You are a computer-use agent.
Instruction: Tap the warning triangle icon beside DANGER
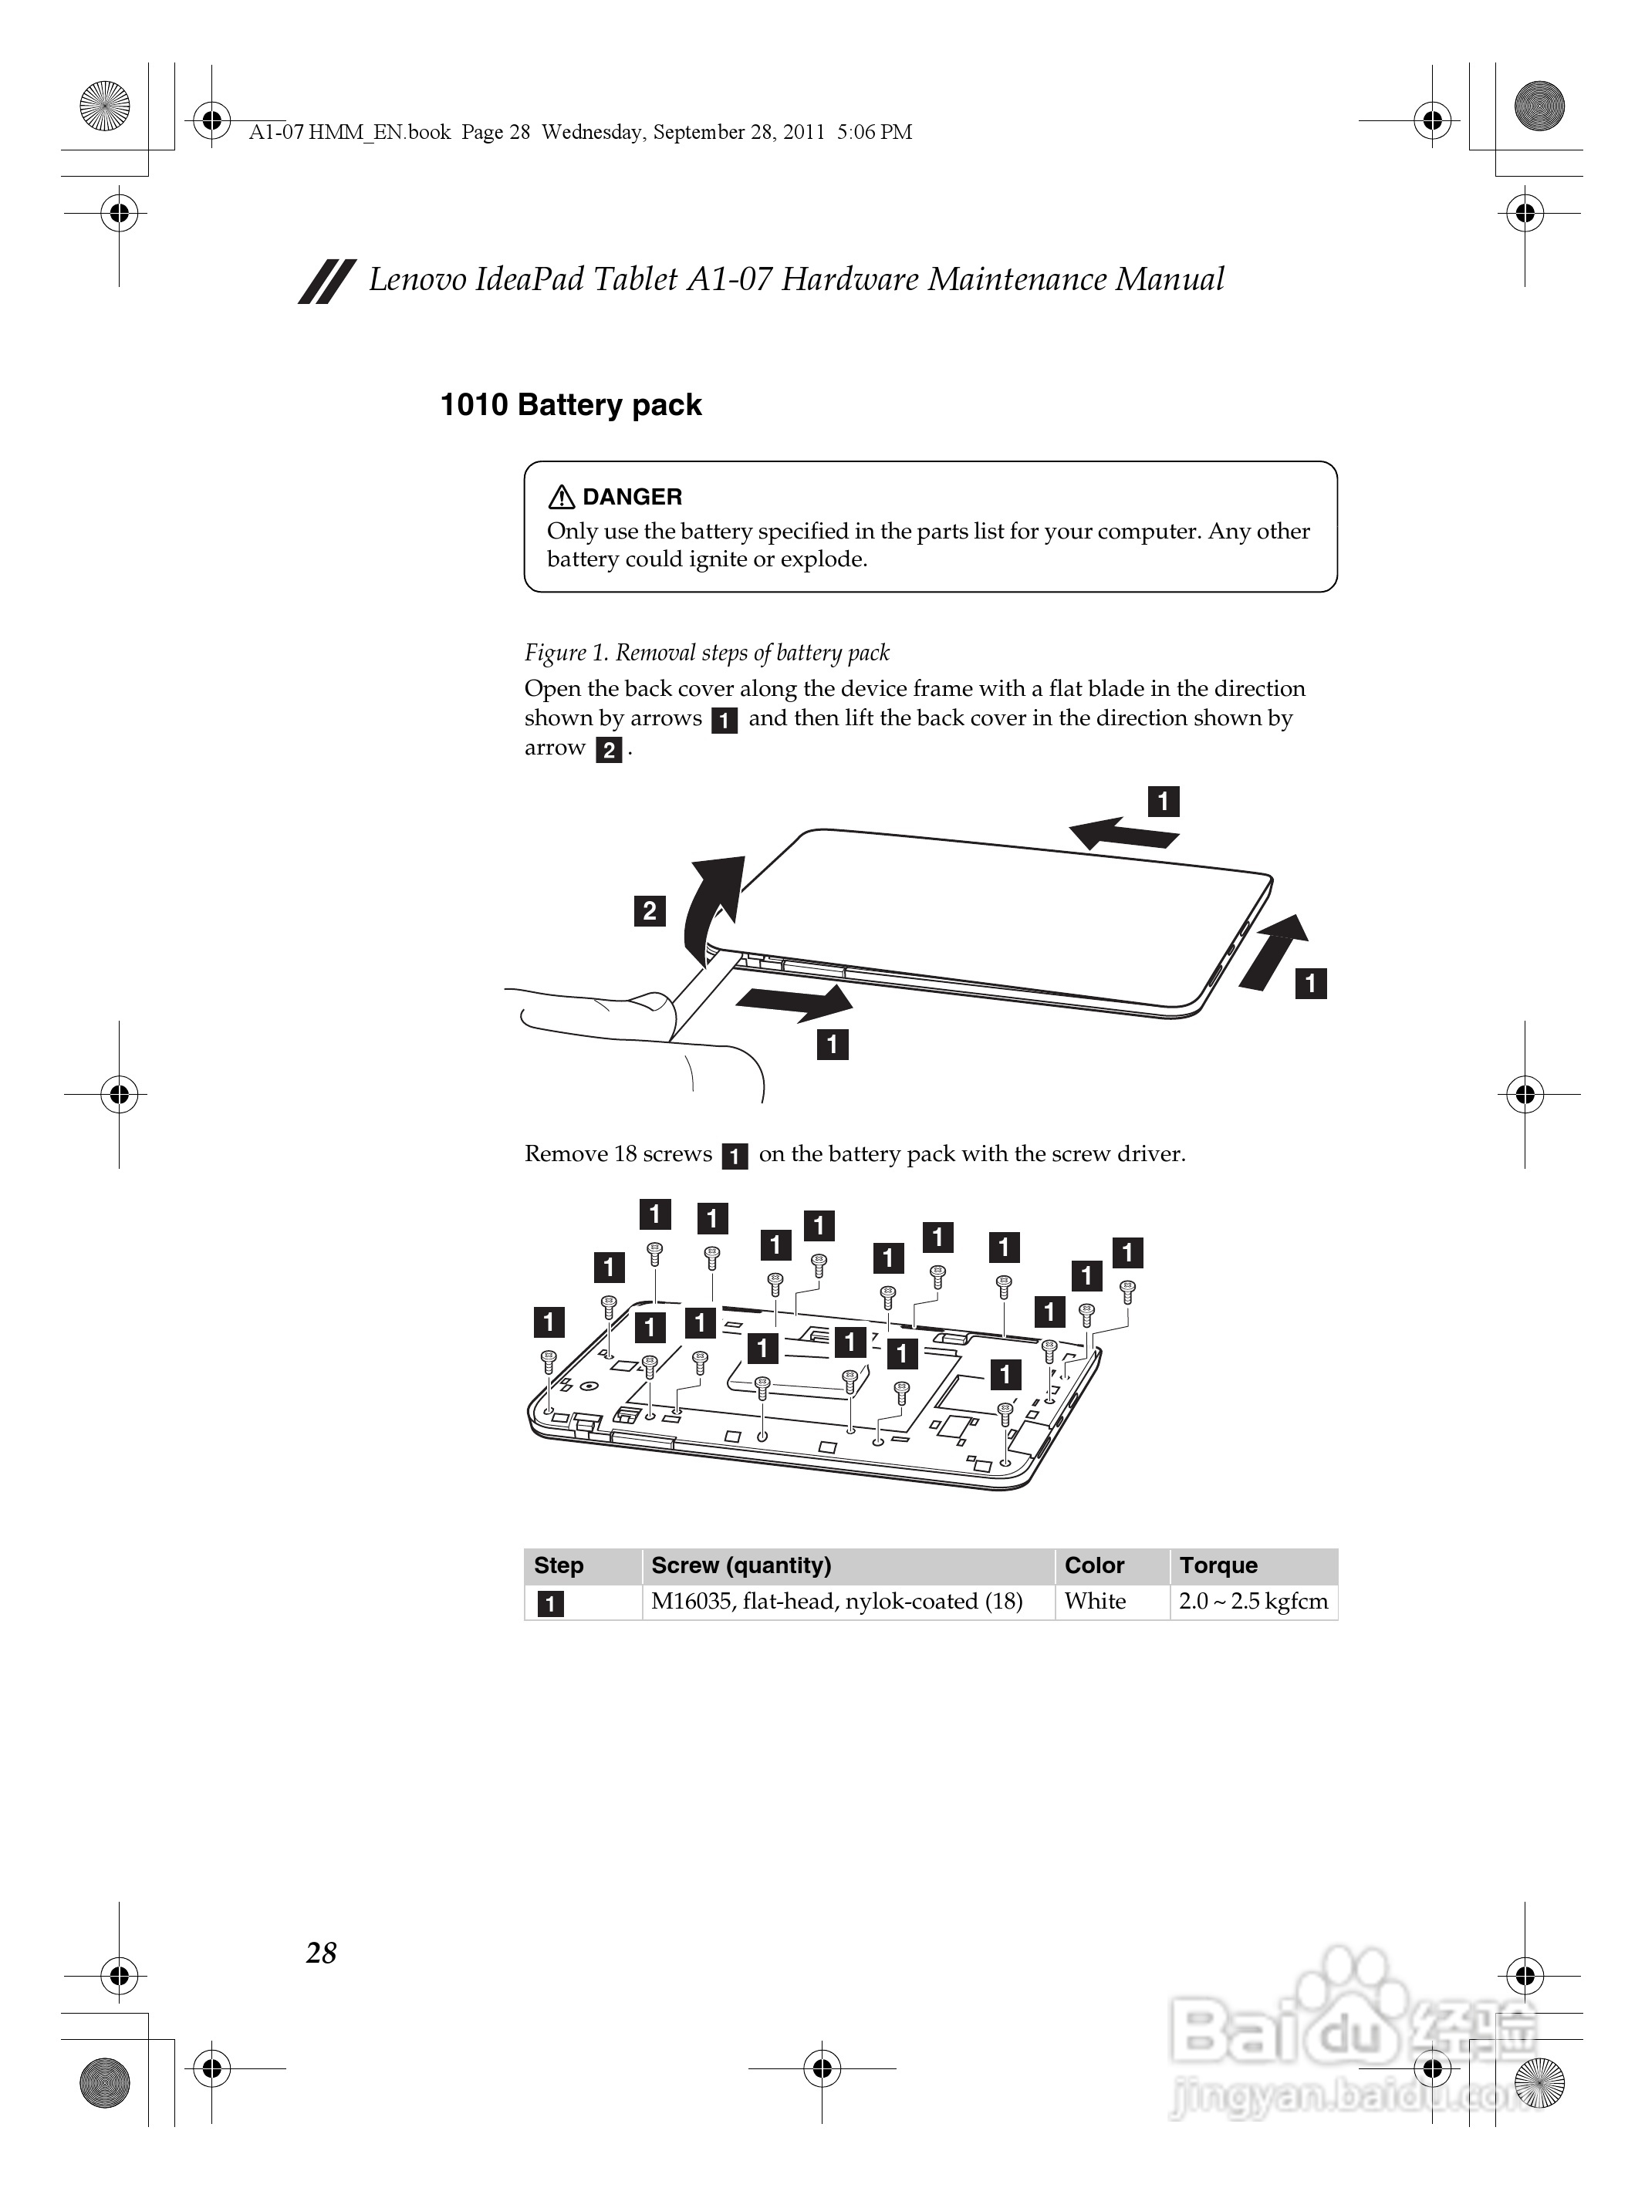click(x=561, y=497)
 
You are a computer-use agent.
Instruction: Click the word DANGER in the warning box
click(x=632, y=497)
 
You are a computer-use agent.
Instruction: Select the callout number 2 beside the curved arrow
click(x=649, y=910)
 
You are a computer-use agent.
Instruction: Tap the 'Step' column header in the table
click(x=559, y=1565)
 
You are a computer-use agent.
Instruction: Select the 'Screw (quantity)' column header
click(x=741, y=1565)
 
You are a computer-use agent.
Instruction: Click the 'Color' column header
click(x=1094, y=1565)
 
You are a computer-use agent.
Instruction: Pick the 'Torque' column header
click(x=1218, y=1565)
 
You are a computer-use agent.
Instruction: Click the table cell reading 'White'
click(x=1095, y=1602)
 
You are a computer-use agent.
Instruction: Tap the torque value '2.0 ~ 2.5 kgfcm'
click(x=1252, y=1602)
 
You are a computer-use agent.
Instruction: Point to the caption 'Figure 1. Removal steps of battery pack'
click(x=706, y=653)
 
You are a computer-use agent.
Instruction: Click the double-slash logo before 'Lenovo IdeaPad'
click(x=326, y=281)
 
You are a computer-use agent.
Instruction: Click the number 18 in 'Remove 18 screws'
click(x=625, y=1154)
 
